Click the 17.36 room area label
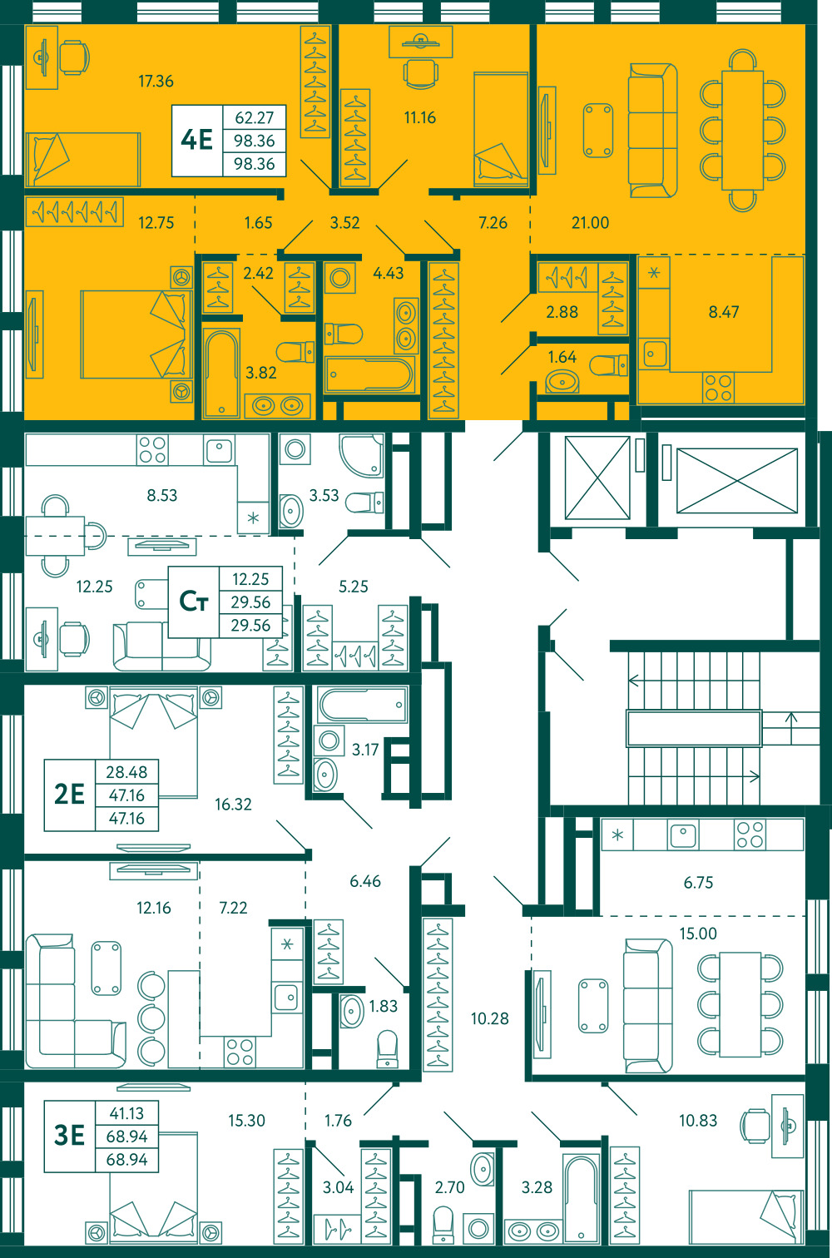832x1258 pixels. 156,82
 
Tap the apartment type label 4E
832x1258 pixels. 196,140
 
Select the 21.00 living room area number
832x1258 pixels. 590,223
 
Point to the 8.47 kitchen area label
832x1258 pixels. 724,312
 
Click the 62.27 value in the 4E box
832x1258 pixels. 255,118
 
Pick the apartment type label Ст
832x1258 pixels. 194,602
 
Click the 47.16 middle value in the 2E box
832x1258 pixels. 127,795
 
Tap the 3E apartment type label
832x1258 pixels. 69,1135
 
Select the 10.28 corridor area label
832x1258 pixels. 489,1018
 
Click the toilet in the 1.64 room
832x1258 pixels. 608,365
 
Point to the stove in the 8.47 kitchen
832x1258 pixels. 719,388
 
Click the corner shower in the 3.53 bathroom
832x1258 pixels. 361,455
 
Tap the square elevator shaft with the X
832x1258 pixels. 597,478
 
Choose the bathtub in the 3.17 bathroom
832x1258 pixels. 363,704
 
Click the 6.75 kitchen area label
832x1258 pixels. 698,883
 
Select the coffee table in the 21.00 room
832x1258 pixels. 597,131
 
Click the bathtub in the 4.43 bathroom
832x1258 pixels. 369,374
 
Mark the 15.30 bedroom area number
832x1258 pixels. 246,1121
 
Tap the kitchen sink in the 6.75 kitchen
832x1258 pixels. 683,835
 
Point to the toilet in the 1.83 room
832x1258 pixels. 387,1048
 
